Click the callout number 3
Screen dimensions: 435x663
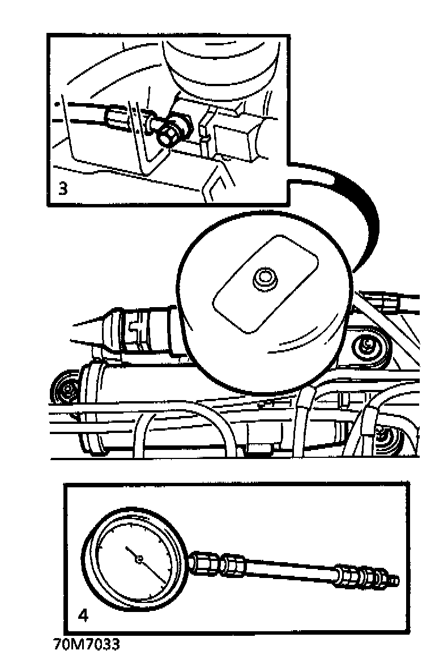click(62, 188)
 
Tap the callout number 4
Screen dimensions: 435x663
click(84, 615)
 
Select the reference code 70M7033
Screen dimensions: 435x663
click(86, 644)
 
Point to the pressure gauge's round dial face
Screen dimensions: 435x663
click(135, 560)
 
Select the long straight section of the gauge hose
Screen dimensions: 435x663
click(292, 569)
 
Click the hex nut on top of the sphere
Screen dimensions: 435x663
click(264, 279)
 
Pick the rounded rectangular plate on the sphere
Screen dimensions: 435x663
click(266, 284)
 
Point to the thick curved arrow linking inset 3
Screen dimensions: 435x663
click(355, 202)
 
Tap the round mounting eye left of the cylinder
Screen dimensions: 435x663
click(65, 389)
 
